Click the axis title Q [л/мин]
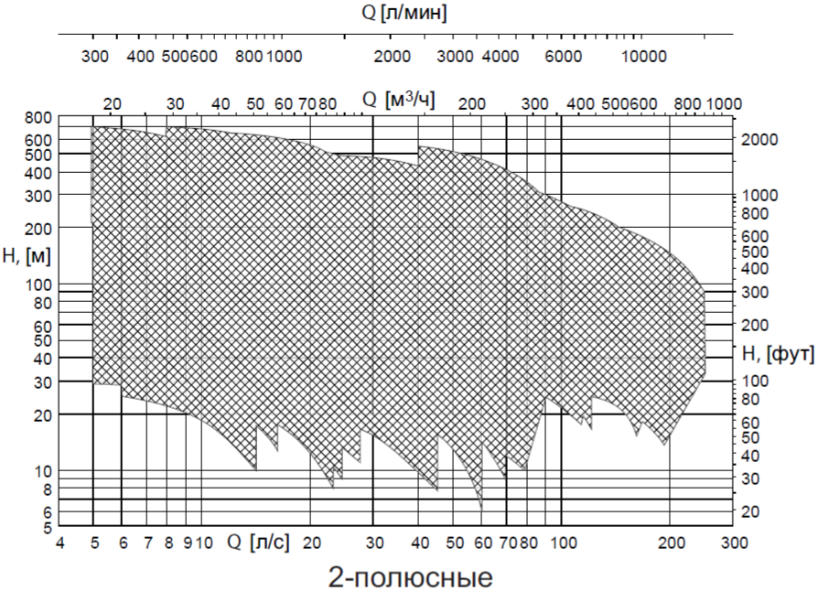(x=404, y=14)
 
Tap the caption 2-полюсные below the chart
(x=409, y=577)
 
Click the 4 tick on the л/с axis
(x=60, y=542)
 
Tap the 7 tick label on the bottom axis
(x=147, y=542)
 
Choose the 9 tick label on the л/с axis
(x=187, y=542)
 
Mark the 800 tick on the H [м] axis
(x=38, y=118)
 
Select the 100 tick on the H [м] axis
(x=38, y=285)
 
